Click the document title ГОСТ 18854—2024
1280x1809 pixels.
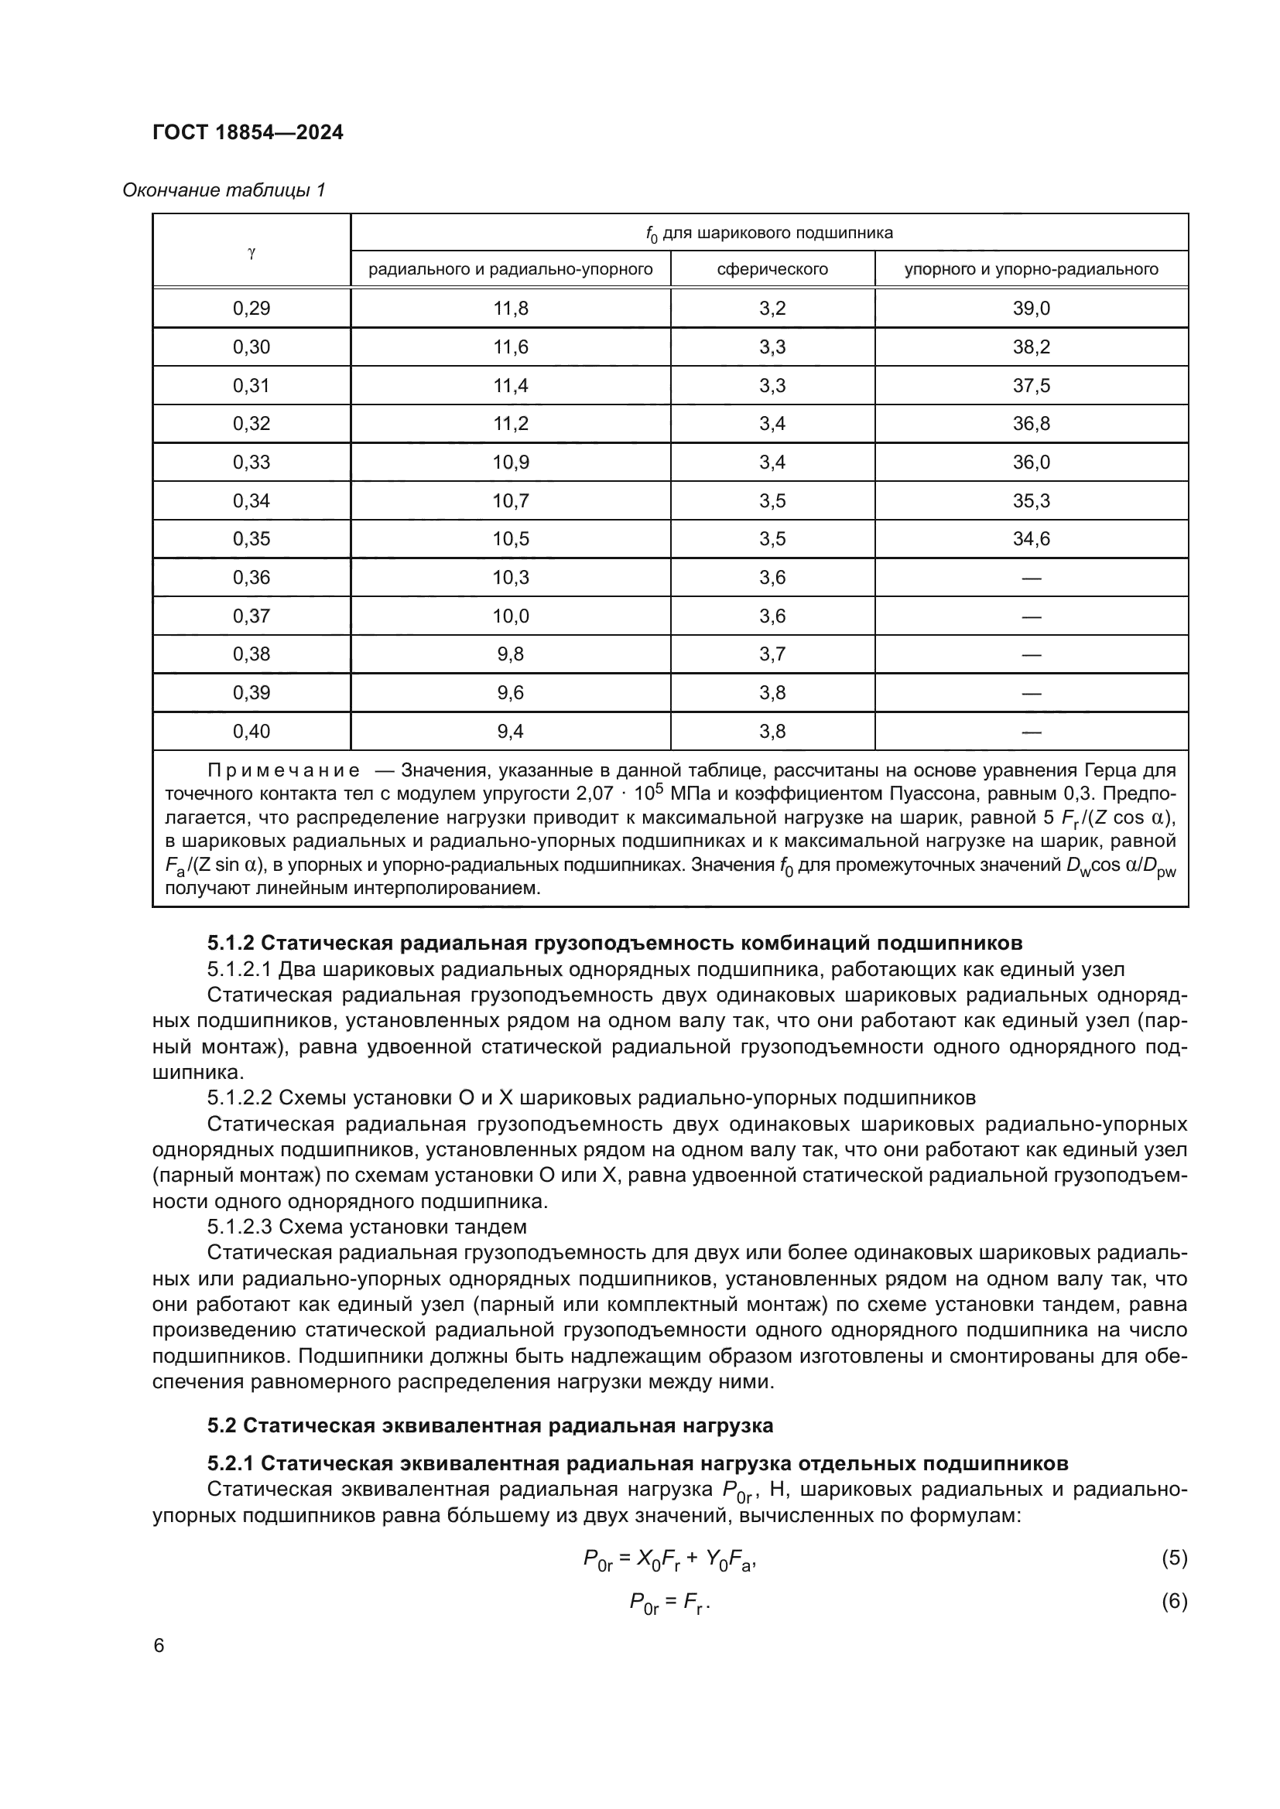click(x=248, y=132)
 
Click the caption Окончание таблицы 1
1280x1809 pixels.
click(x=224, y=191)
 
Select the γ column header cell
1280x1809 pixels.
click(x=252, y=253)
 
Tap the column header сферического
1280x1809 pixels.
click(x=772, y=269)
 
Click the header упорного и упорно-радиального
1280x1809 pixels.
click(x=1031, y=269)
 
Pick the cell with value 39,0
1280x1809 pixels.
click(x=1031, y=309)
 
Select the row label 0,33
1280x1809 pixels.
click(x=252, y=462)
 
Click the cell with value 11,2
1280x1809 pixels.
click(x=511, y=424)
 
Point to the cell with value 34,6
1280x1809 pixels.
click(x=1031, y=539)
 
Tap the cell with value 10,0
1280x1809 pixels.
click(x=511, y=616)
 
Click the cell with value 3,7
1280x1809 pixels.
click(x=772, y=654)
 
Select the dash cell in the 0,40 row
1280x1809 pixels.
click(x=1031, y=732)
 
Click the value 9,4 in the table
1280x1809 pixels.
click(x=511, y=732)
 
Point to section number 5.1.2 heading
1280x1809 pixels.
click(x=230, y=943)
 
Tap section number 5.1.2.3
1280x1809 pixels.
click(x=240, y=1227)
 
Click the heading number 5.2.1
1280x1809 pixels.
click(x=230, y=1464)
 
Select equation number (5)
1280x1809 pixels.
click(x=1174, y=1558)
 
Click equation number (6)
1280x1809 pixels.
click(x=1174, y=1601)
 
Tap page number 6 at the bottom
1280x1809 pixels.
click(x=159, y=1646)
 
